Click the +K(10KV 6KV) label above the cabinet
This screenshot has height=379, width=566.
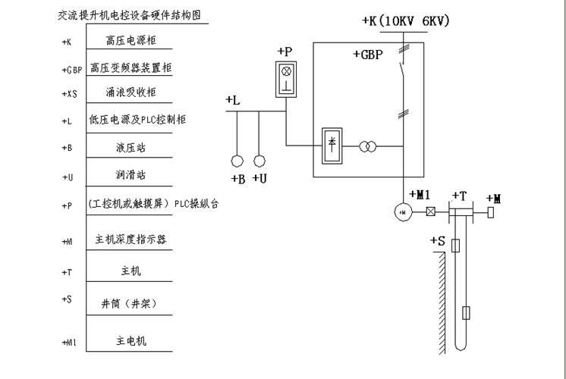[406, 20]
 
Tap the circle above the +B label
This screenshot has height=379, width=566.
[237, 161]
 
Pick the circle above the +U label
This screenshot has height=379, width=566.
[259, 161]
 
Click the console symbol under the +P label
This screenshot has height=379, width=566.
[286, 80]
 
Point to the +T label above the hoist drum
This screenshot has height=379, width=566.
[458, 196]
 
